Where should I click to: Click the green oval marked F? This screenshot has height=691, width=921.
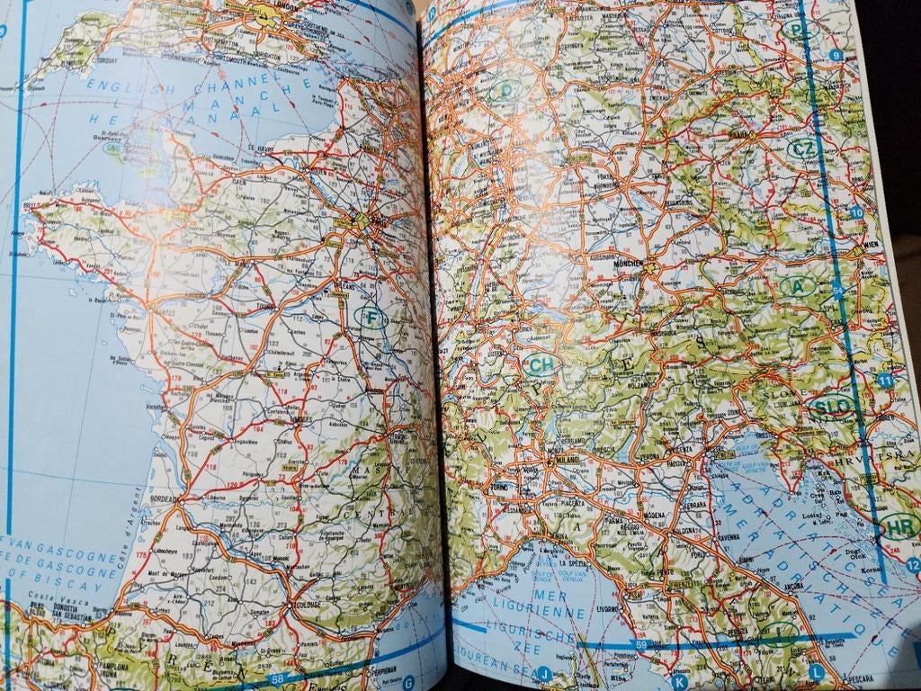[371, 318]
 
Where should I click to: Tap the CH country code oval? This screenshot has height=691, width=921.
[541, 364]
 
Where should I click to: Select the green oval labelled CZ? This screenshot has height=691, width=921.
[802, 148]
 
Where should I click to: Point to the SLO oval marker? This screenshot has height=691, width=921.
[830, 408]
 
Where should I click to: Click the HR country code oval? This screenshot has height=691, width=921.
[898, 525]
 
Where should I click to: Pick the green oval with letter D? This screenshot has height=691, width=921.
[506, 90]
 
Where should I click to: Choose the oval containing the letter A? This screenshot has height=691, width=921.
[797, 286]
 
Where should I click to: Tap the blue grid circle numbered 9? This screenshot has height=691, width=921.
[836, 56]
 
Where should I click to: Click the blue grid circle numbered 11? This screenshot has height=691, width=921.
[886, 381]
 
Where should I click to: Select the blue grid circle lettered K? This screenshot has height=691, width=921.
[680, 682]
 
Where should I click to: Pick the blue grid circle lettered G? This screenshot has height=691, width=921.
[407, 681]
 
